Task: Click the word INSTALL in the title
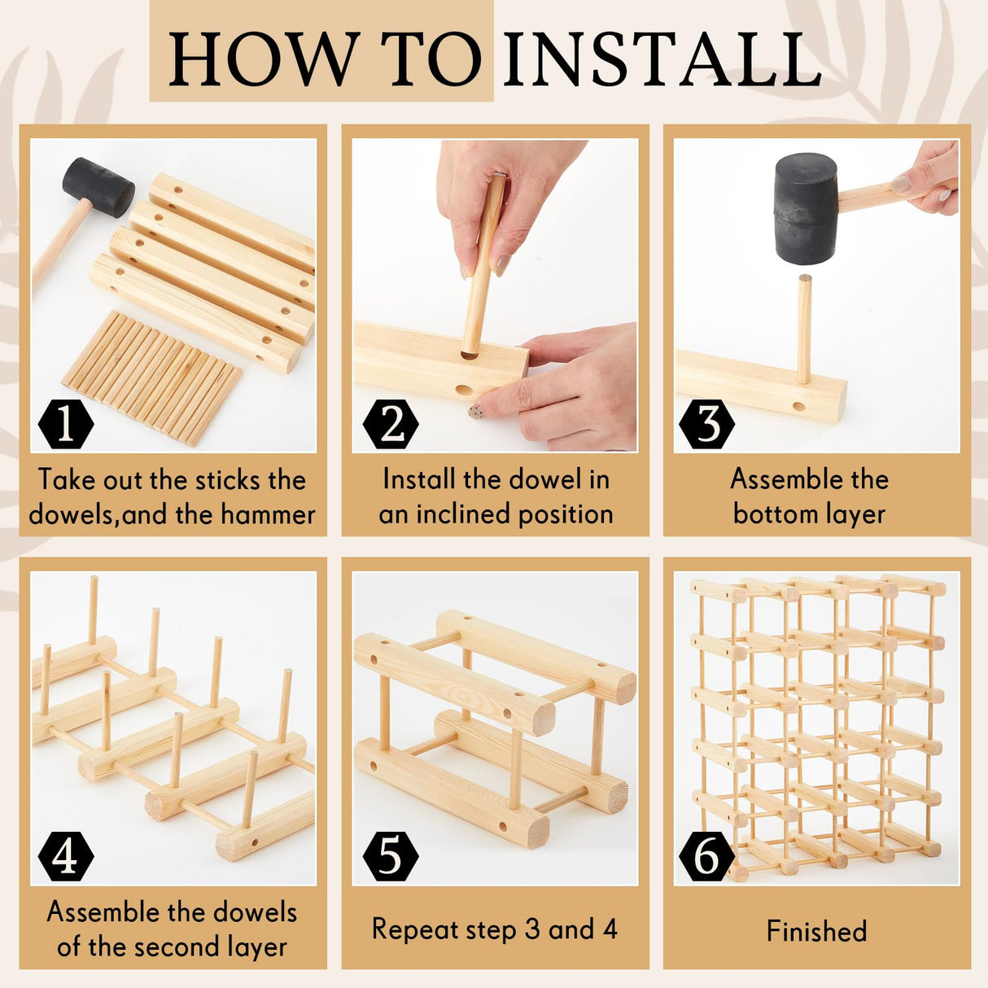[662, 59]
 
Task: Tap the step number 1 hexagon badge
[66, 425]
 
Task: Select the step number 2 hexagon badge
[391, 425]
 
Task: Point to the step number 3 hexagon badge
[706, 425]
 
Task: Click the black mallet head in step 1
[98, 186]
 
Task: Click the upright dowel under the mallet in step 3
[804, 329]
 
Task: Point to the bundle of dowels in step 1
[152, 377]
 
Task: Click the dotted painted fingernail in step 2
[476, 411]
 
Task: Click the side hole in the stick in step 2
[464, 390]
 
